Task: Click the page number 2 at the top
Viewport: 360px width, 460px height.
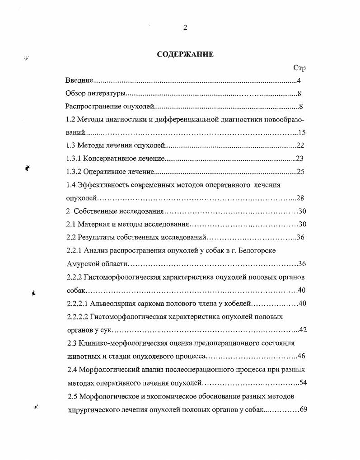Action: click(185, 28)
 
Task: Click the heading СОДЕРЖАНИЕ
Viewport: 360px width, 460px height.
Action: click(185, 54)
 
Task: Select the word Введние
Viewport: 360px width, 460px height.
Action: click(79, 81)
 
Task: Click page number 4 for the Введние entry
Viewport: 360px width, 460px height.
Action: click(299, 81)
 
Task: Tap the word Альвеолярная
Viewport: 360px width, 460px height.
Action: click(114, 304)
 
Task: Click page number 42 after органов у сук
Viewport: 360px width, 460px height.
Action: click(303, 330)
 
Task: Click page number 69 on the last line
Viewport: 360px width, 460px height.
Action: click(303, 409)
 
